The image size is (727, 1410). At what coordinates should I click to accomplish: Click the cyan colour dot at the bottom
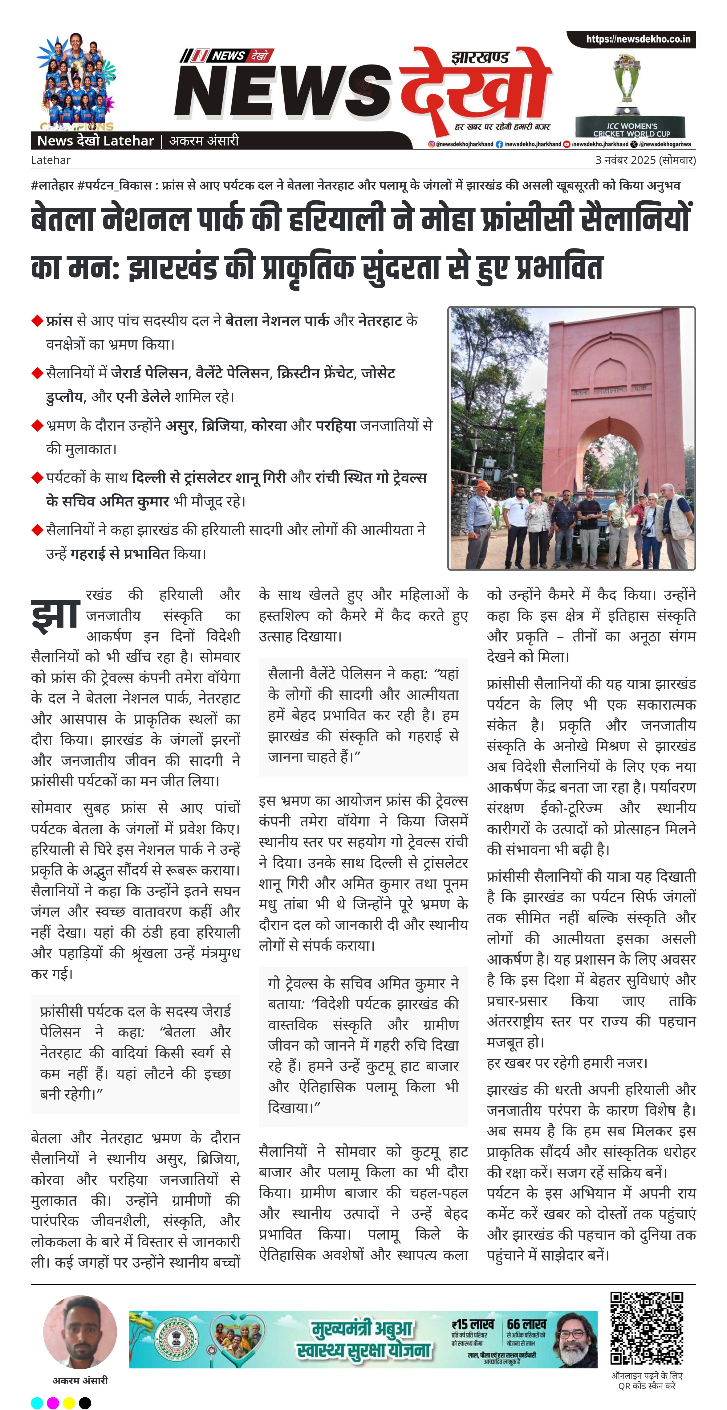(37, 1399)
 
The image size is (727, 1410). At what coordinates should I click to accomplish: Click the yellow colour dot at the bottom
(69, 1399)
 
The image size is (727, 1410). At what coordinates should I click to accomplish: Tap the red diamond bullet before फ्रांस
(37, 321)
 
